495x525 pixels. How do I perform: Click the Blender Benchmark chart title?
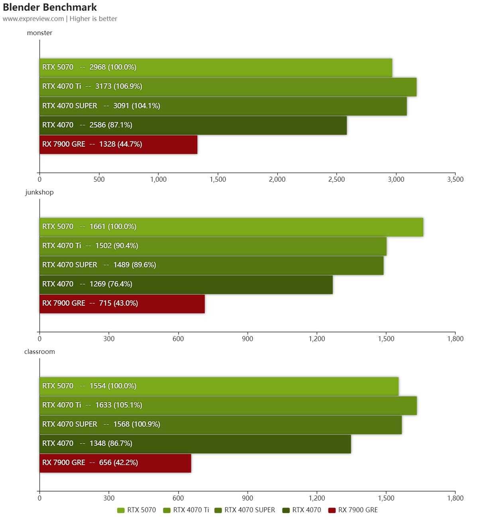pos(50,7)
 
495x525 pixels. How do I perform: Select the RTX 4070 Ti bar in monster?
pos(228,87)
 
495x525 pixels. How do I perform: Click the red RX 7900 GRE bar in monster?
pos(118,144)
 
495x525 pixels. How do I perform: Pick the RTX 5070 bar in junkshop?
pos(231,227)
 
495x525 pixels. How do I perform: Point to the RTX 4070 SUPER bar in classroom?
pos(220,425)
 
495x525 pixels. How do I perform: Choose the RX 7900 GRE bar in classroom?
pos(115,463)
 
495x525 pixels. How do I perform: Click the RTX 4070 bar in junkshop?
pos(186,284)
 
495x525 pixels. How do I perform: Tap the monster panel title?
pos(39,33)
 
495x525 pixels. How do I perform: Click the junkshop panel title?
pos(39,192)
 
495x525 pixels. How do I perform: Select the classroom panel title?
pos(39,352)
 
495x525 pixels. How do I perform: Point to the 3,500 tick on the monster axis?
pos(455,179)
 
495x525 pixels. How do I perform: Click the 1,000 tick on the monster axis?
pos(158,179)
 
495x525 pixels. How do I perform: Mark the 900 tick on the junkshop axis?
pos(247,339)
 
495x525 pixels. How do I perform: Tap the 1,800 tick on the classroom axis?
pos(455,498)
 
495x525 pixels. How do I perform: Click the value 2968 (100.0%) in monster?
pos(113,67)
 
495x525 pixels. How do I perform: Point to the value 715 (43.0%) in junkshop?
pos(118,303)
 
